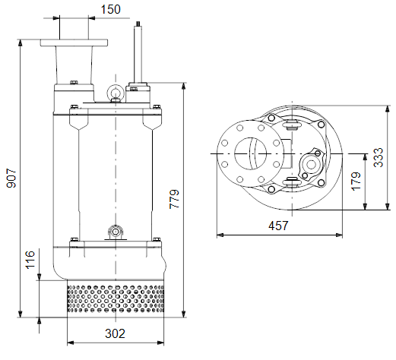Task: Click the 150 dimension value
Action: (111, 10)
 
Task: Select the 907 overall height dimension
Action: (11, 178)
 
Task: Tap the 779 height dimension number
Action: (174, 199)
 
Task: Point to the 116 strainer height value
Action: (30, 260)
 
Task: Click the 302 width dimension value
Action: (116, 333)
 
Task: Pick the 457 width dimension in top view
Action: (278, 226)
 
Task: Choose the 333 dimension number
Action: (379, 157)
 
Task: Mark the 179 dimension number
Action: (356, 182)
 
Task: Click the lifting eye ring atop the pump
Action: (116, 91)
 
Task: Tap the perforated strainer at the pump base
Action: (116, 298)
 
